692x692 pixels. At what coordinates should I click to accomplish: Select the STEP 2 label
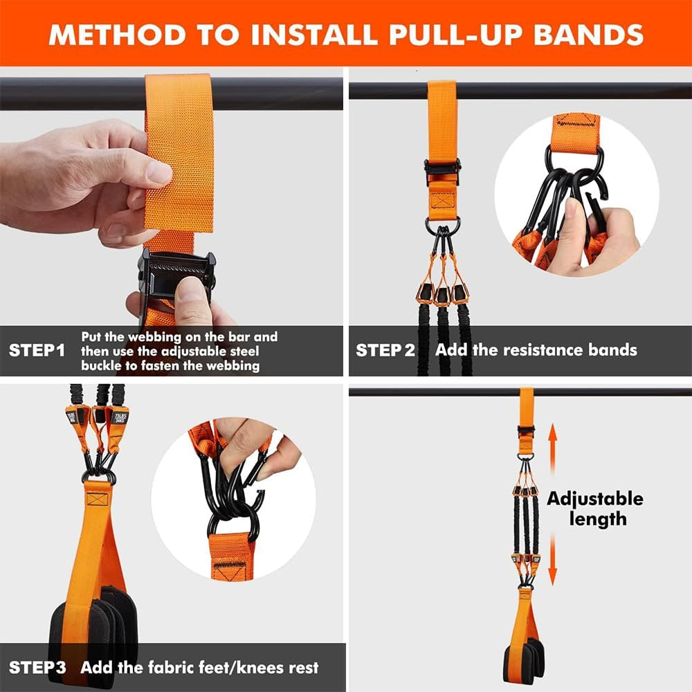coord(385,350)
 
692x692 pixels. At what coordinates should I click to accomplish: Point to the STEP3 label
coord(37,668)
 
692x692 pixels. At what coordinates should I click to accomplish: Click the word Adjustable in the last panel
coord(594,499)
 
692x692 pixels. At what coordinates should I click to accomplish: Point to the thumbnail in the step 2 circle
coord(572,208)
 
